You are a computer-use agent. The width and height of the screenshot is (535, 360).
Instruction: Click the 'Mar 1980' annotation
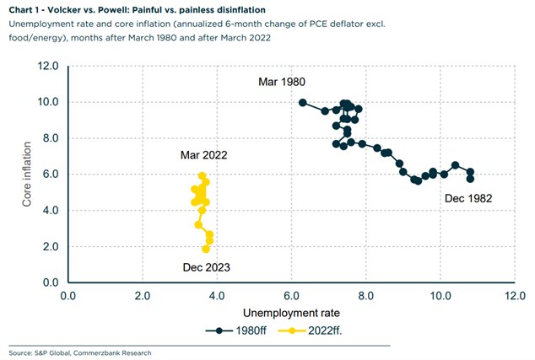point(282,82)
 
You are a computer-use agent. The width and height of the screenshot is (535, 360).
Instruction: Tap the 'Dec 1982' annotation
point(467,199)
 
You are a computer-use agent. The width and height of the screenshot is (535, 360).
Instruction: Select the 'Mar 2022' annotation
point(203,155)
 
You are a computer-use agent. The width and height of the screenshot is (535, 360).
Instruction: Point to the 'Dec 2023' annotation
point(207,267)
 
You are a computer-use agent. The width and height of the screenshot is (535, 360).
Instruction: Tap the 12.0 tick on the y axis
point(49,66)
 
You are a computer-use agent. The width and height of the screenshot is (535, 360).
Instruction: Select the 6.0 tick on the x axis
point(291,296)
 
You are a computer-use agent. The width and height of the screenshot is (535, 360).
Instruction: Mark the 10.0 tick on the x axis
point(440,296)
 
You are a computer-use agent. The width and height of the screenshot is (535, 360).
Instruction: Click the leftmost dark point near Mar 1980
point(303,103)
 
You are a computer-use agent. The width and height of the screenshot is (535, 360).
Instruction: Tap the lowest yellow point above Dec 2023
point(206,249)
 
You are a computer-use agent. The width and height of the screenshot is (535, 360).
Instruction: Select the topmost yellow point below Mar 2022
point(203,175)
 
